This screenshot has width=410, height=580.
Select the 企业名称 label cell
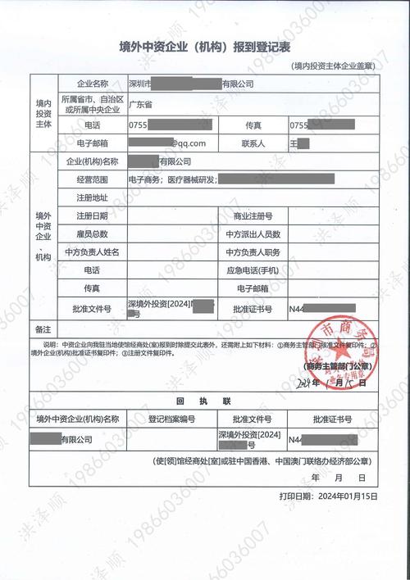[x=92, y=84]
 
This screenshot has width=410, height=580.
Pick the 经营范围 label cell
[x=92, y=179]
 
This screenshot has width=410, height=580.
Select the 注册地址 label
[x=92, y=197]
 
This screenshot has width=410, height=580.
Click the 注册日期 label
[x=92, y=216]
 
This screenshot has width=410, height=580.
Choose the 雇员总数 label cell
[x=92, y=234]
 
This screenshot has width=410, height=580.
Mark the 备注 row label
[x=43, y=327]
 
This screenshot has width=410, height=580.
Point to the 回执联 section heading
[x=204, y=401]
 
